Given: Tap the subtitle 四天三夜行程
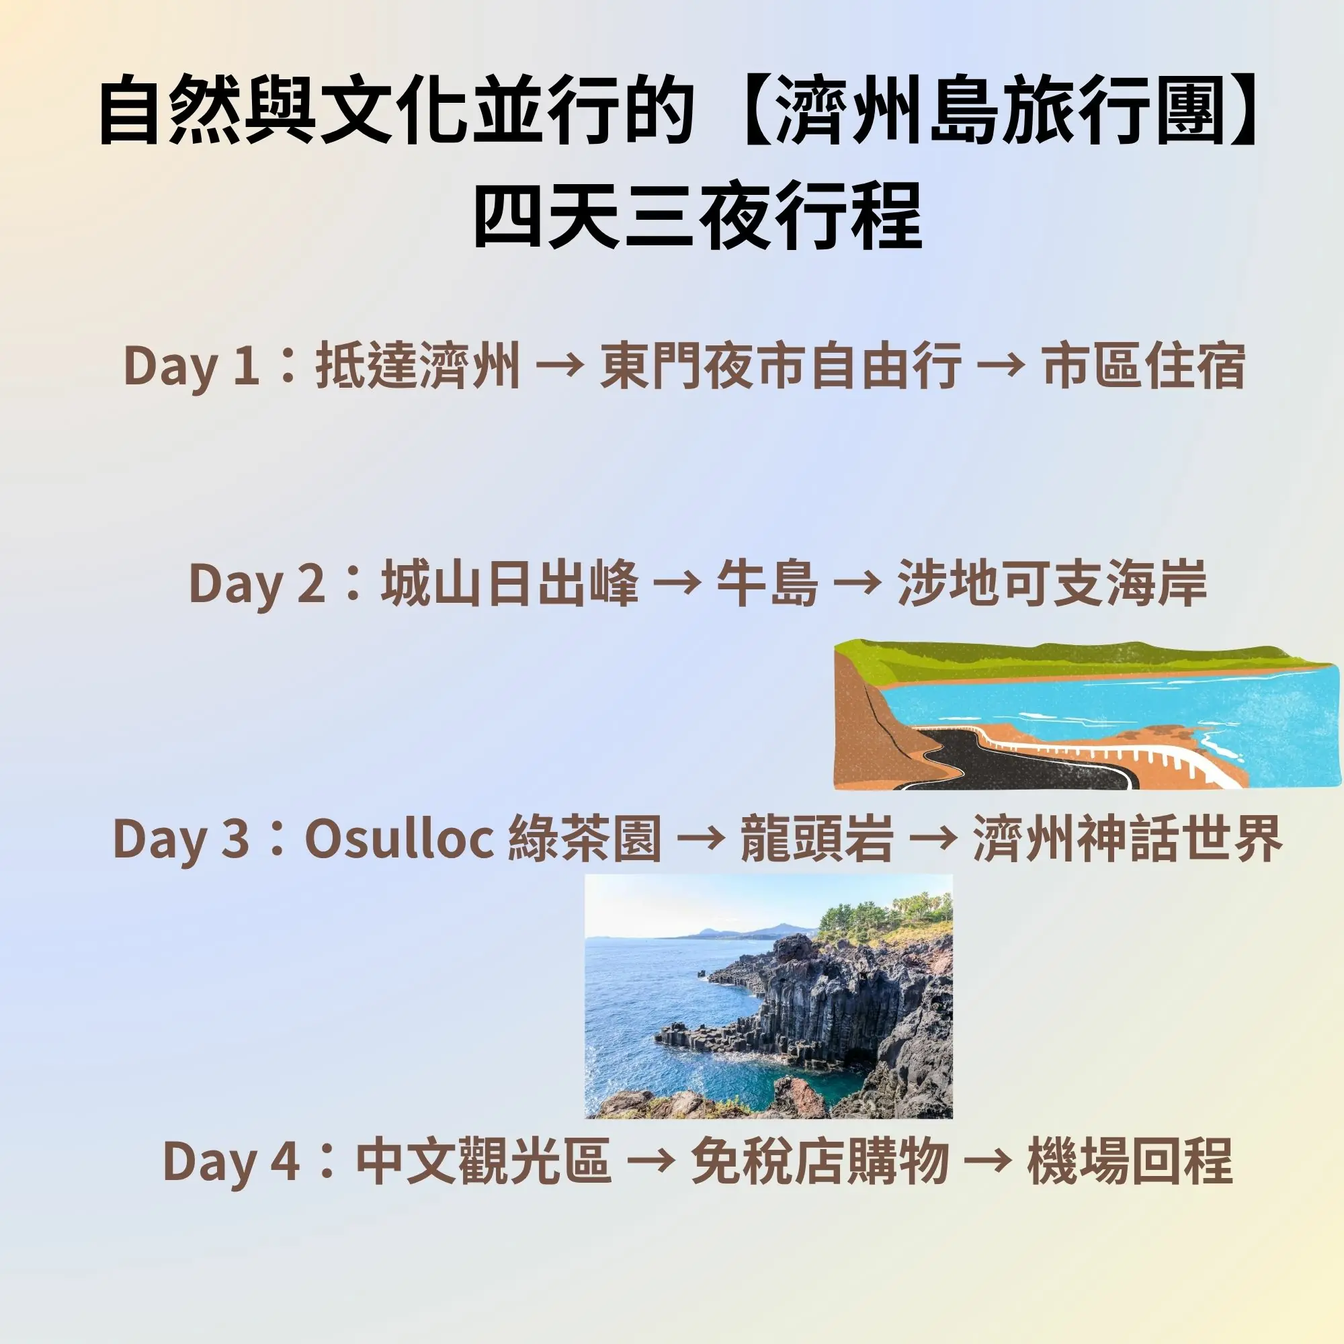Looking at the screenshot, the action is coord(698,216).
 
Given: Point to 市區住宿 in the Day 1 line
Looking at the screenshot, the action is coord(1144,367).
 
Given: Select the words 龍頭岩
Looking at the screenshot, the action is coord(816,839).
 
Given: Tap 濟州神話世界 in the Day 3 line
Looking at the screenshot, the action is coord(1128,839).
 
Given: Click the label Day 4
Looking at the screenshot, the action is coord(232,1163).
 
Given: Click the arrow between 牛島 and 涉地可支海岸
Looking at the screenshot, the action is coord(857,586).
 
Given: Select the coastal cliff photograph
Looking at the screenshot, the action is coord(769,996).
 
